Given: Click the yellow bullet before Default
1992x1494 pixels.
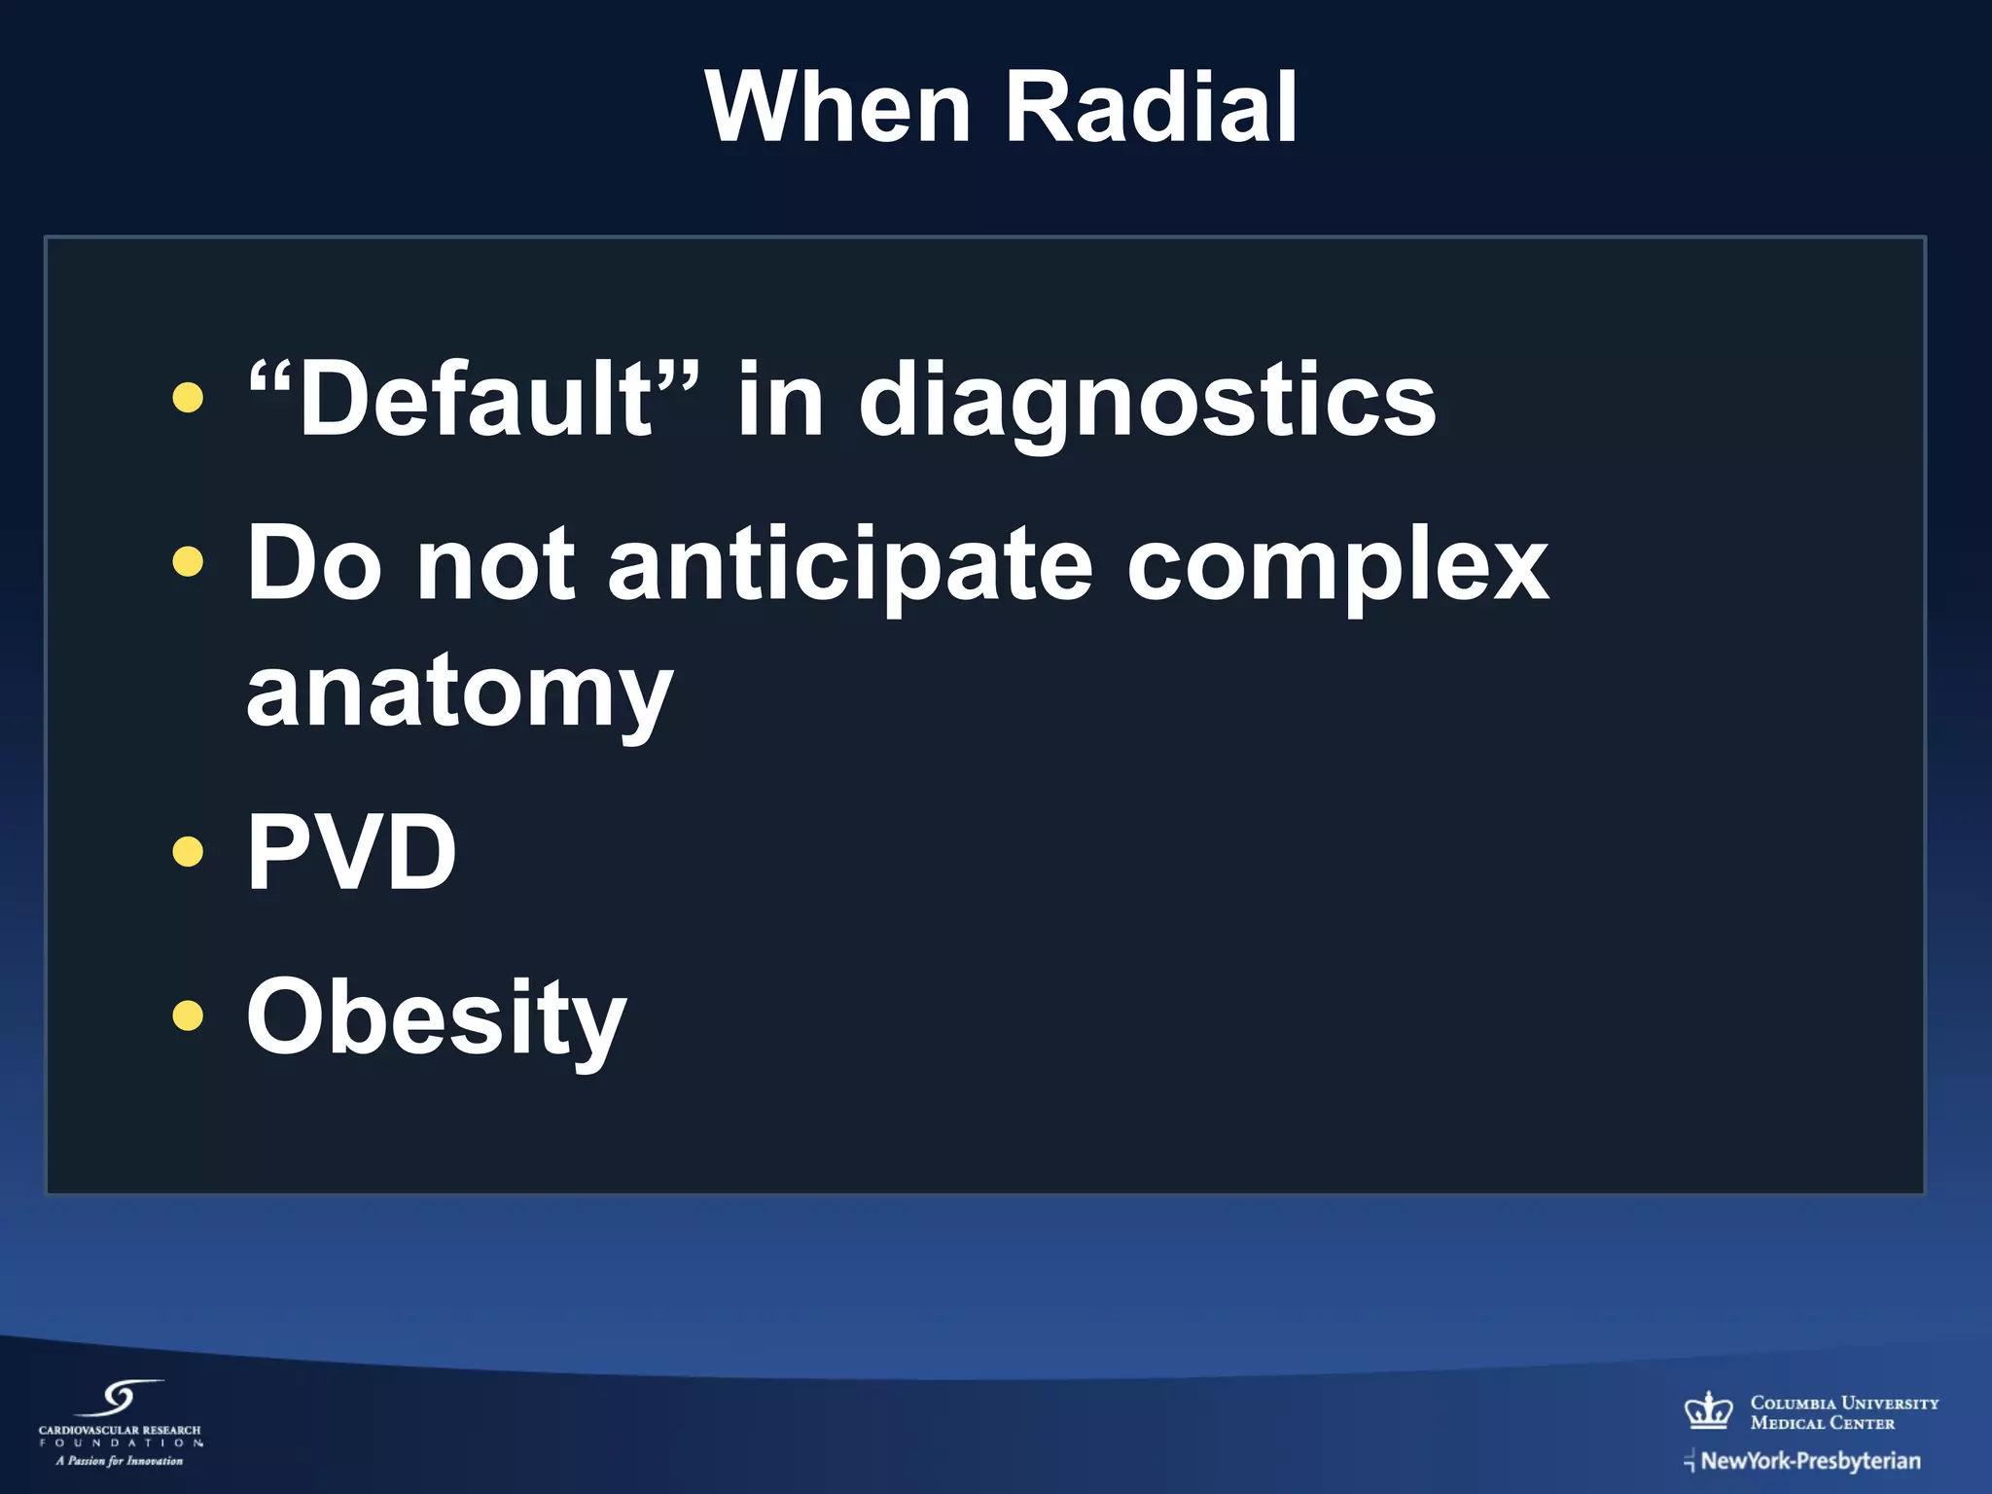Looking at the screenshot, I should [188, 397].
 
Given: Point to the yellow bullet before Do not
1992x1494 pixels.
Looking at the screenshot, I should [188, 561].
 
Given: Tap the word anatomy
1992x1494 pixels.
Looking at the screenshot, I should [459, 693].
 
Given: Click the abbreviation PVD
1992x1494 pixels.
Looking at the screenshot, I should [351, 852].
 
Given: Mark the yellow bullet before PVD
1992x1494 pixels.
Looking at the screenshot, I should [188, 852].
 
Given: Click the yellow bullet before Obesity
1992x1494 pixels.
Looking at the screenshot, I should [188, 1015].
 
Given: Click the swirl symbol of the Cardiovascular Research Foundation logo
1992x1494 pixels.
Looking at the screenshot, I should [122, 1399].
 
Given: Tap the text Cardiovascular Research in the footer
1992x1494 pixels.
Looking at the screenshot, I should [120, 1430].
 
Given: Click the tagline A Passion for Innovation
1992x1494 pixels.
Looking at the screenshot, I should [120, 1460].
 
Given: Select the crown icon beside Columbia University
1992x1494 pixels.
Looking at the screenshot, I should [1709, 1409].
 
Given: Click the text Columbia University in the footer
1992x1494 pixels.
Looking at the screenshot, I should [1844, 1403].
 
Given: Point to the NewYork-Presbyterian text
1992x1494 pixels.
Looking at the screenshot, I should [1810, 1460].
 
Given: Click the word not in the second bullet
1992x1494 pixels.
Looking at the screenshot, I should [494, 564].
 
